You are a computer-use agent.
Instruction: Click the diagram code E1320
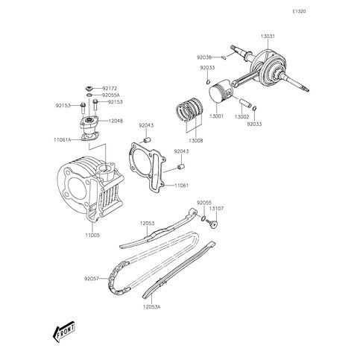click(x=299, y=11)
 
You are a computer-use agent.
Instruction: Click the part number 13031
click(x=268, y=37)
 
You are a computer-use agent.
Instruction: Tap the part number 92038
click(x=204, y=57)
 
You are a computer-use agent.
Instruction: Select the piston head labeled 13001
click(x=221, y=93)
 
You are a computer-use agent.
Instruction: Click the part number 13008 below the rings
click(x=196, y=141)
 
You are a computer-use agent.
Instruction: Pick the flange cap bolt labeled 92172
click(x=89, y=88)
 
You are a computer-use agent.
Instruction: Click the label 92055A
click(x=111, y=95)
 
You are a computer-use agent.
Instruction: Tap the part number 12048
click(x=116, y=121)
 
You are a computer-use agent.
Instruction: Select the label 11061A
click(x=63, y=140)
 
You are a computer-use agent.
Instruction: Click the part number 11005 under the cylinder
click(x=92, y=235)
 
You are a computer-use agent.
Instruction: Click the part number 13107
click(x=216, y=209)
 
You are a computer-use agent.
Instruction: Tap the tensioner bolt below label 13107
click(x=212, y=224)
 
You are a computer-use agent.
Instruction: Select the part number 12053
click(x=147, y=224)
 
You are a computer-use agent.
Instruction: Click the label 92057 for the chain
click(x=92, y=279)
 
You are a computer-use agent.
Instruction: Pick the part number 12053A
click(x=151, y=307)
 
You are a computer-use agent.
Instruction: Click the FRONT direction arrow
click(x=64, y=332)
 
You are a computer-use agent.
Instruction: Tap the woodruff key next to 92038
click(x=224, y=57)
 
